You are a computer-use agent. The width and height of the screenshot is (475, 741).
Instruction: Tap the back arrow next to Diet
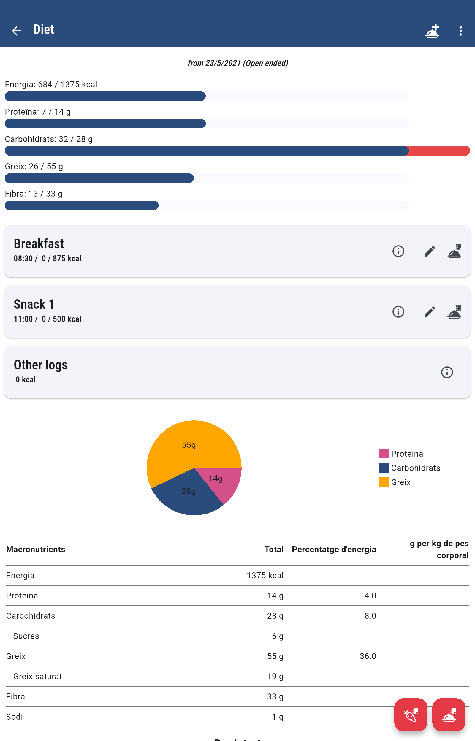pos(16,31)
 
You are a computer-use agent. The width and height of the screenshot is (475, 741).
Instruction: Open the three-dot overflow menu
pos(460,31)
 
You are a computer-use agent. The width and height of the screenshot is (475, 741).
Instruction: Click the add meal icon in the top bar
pos(432,31)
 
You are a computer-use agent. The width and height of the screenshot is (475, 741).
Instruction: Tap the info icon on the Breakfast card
pos(398,251)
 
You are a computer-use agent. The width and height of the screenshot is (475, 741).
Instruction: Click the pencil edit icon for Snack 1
pos(429,311)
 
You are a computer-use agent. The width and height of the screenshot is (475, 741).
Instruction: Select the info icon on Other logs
pos(446,372)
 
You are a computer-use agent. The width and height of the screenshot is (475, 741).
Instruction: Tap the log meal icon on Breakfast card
pos(454,251)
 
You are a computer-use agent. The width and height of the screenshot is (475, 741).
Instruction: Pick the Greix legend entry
pos(395,482)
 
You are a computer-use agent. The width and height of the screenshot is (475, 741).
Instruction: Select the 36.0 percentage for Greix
pos(368,656)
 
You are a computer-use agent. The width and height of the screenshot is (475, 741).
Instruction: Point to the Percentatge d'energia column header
pos(334,549)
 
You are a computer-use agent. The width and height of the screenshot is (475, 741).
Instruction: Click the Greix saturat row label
pos(37,676)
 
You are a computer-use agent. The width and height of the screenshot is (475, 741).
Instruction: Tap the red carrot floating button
pos(411,715)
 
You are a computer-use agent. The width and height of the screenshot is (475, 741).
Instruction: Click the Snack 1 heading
pos(34,304)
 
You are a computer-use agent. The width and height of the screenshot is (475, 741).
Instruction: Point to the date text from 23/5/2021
pos(237,63)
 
